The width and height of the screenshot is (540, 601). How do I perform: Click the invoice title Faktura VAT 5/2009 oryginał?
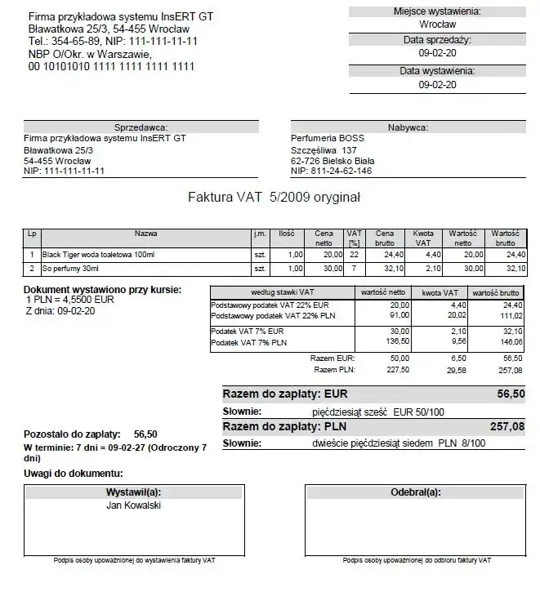coord(274,197)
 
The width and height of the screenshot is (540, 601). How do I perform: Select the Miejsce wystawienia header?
coord(436,11)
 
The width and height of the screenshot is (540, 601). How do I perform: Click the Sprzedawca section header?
coord(141,127)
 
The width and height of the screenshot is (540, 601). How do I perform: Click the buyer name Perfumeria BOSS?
coord(328,138)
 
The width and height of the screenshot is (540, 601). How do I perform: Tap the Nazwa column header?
coord(146,234)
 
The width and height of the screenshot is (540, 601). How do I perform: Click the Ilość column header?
coord(286,234)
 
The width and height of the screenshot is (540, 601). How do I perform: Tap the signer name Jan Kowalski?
coord(134,505)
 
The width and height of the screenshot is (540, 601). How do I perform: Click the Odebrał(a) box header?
coord(416,492)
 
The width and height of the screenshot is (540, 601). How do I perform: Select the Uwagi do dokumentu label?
coord(74,474)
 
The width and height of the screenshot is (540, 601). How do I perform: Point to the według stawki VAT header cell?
coord(281,292)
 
